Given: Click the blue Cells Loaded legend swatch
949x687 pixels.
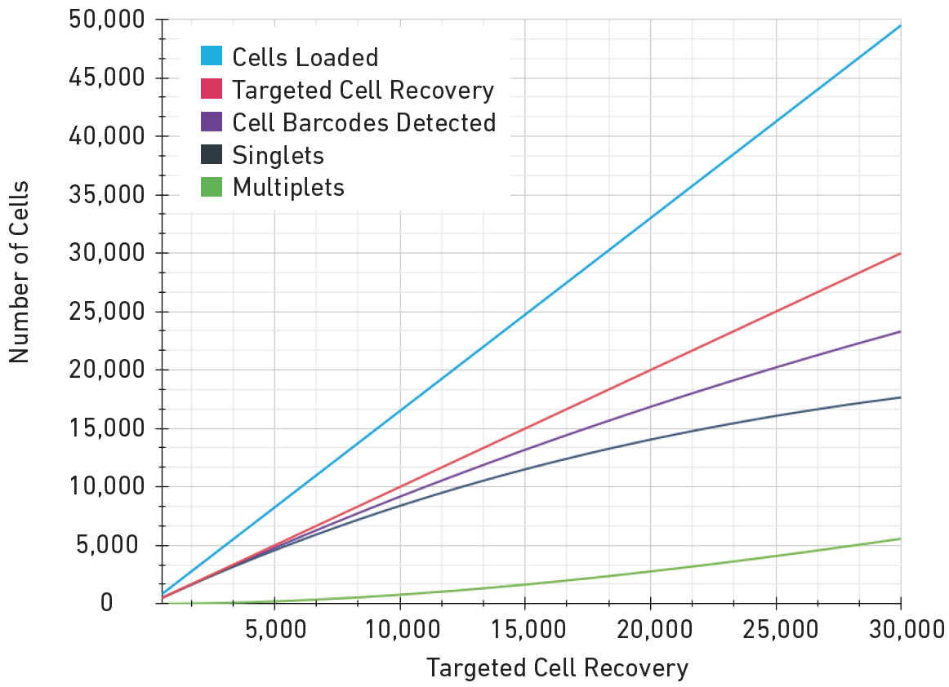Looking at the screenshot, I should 212,57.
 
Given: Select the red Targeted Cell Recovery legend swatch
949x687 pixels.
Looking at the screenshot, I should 212,90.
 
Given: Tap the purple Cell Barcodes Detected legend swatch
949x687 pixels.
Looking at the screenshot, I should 212,122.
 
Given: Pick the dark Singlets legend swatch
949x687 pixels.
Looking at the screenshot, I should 212,155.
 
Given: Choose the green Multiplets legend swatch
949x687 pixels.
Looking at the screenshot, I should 212,188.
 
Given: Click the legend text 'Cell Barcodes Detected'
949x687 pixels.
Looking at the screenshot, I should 364,122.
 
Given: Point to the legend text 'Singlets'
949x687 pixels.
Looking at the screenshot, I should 278,155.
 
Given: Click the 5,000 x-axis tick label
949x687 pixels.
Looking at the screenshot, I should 274,630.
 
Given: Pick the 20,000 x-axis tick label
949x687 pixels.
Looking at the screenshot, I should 649,630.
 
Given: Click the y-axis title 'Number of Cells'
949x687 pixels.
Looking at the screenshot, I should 19,271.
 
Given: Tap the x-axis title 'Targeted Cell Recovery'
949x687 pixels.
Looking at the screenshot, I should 557,668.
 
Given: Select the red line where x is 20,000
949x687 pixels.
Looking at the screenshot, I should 650,370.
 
